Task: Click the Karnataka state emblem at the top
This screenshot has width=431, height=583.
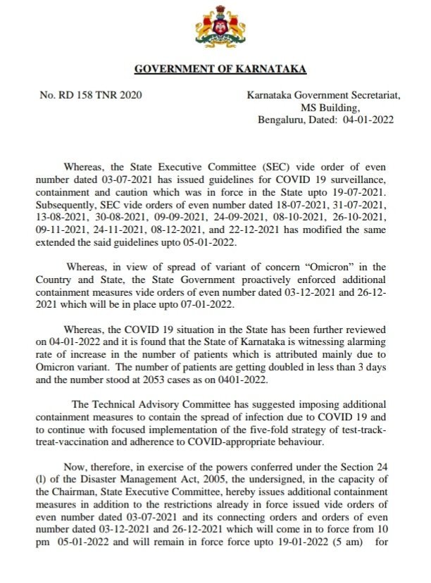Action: point(216,30)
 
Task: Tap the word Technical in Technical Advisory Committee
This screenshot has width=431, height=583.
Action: point(115,405)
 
